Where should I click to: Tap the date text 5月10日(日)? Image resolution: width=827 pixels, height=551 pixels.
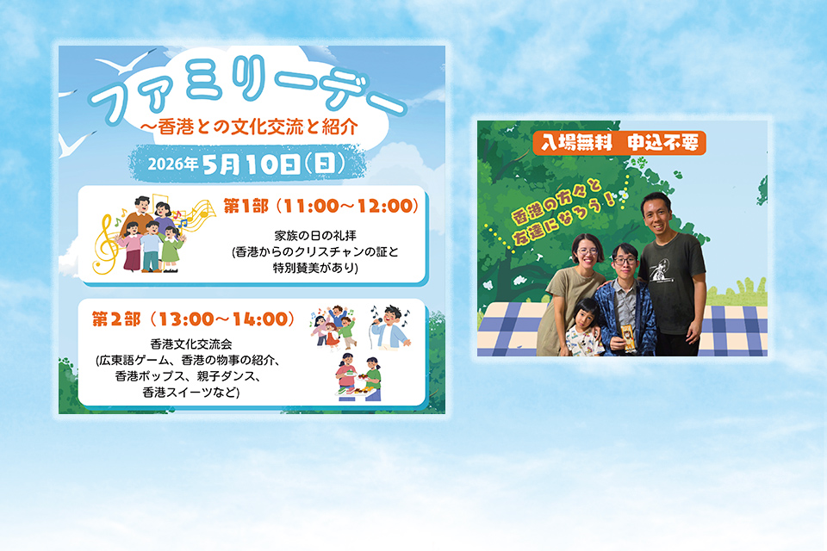[x=274, y=164]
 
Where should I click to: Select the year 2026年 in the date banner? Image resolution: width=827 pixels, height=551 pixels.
[x=172, y=164]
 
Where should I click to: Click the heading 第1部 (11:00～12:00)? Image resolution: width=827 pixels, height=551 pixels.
[x=320, y=206]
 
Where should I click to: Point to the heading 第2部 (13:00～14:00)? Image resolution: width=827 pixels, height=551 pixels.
[x=193, y=319]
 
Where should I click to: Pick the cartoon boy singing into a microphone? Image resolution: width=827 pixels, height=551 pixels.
[x=389, y=327]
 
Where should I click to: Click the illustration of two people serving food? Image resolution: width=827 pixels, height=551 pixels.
[x=358, y=378]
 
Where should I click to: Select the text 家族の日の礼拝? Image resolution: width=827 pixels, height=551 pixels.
[x=315, y=236]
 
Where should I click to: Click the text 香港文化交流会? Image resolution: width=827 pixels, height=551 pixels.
[x=191, y=344]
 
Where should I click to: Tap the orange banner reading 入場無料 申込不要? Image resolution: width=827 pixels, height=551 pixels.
[x=619, y=143]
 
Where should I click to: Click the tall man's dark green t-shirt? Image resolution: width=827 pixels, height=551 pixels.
[x=673, y=282]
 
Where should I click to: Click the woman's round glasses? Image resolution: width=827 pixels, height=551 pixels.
[x=588, y=252]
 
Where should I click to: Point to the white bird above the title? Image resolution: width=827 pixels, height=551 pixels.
[x=126, y=62]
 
